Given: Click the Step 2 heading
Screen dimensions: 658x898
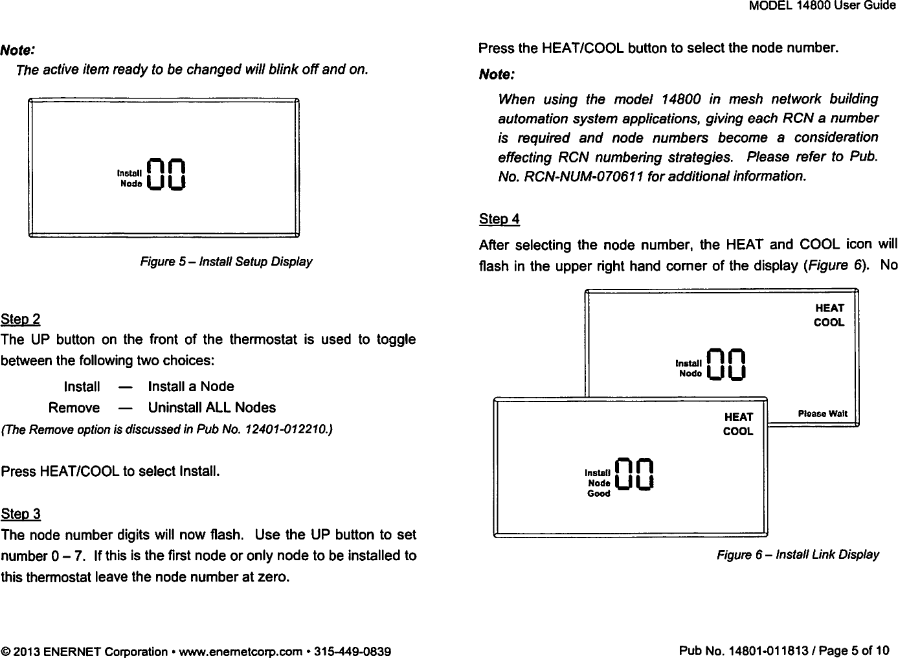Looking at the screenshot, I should coord(21,319).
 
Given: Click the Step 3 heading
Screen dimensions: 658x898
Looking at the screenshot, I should coord(21,514).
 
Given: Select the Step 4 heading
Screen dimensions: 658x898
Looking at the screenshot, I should coord(499,219).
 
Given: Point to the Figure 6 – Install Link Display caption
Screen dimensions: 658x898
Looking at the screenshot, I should coord(797,555).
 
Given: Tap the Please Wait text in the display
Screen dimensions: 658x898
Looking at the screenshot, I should coord(827,413).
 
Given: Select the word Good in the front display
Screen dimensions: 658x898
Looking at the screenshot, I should coord(598,493).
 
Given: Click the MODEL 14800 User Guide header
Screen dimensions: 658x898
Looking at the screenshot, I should coord(822,6).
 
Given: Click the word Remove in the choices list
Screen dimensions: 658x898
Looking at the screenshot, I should coord(74,408).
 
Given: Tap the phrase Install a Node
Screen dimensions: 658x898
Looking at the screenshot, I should coord(191,387).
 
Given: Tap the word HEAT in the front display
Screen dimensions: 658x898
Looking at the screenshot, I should coord(738,417).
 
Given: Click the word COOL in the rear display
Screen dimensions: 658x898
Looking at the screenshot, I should coord(829,322).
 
